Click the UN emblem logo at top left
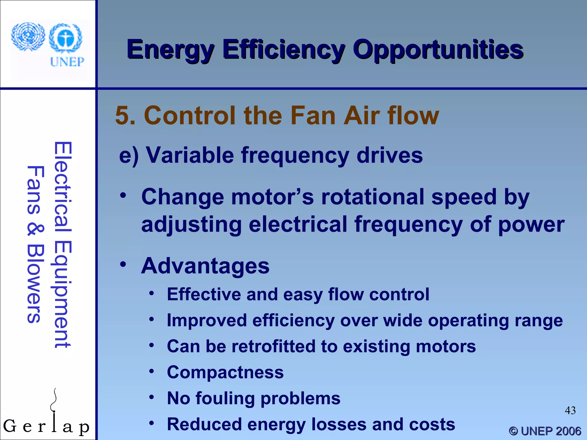point(28,37)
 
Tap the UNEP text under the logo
point(67,62)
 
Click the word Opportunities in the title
point(438,50)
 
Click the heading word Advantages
point(205,266)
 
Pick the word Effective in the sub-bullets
point(204,294)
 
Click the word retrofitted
point(273,346)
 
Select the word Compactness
point(225,372)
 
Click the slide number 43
point(570,410)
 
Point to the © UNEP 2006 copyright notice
point(545,431)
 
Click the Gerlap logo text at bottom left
point(46,426)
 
